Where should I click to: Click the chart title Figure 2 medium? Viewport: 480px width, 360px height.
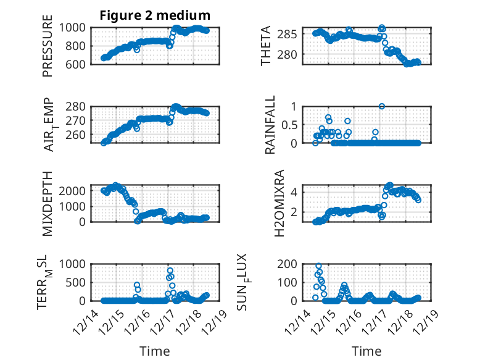pyautogui.click(x=155, y=15)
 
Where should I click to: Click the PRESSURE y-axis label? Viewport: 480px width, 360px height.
pyautogui.click(x=48, y=46)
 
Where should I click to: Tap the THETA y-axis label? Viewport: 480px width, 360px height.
pyautogui.click(x=266, y=46)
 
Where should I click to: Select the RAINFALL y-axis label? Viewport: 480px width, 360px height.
pyautogui.click(x=270, y=125)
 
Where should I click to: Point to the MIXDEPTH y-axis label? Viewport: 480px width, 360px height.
pyautogui.click(x=48, y=203)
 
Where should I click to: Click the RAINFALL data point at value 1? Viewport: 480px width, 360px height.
pyautogui.click(x=382, y=106)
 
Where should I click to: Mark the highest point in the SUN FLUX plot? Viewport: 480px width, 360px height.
pyautogui.click(x=319, y=266)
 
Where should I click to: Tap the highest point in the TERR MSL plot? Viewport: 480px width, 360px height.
pyautogui.click(x=170, y=270)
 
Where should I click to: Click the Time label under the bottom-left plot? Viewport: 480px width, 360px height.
pyautogui.click(x=155, y=351)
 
